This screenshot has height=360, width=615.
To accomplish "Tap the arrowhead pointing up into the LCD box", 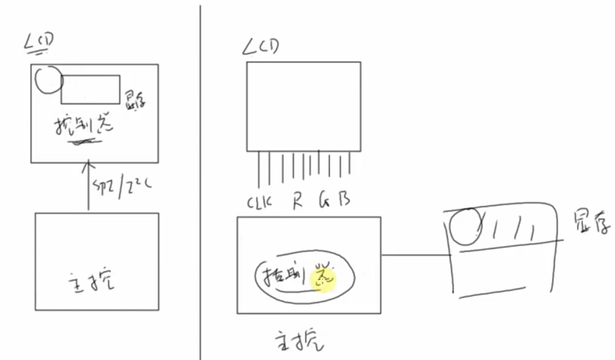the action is (87, 166).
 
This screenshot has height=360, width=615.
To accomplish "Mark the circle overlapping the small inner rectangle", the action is (48, 80).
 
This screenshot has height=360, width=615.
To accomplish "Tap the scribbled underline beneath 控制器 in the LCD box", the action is (85, 142).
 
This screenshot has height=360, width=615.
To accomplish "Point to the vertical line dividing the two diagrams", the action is (200, 182).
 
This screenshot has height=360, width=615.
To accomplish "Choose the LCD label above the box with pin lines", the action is (261, 48).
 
